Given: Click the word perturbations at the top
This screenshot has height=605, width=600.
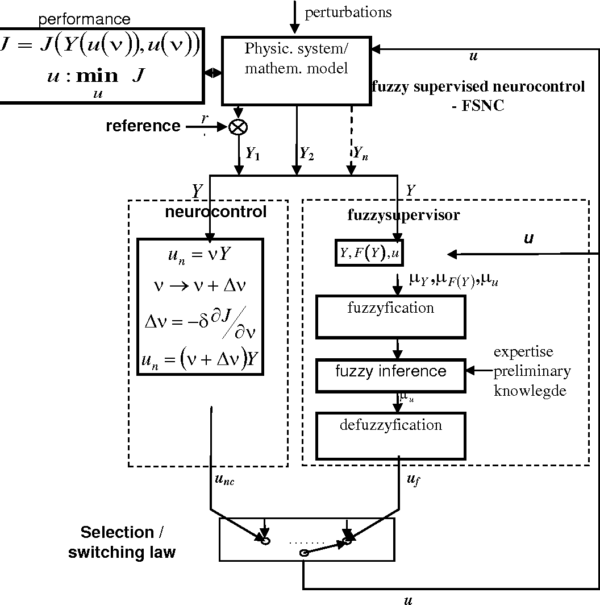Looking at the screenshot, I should (348, 13).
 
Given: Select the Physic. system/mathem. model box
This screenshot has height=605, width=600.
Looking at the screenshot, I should (296, 71).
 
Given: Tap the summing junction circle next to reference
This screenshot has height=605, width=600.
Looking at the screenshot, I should (237, 127).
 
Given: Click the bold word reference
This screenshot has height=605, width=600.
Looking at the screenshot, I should (143, 126).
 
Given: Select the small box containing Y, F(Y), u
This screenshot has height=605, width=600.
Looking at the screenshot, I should (369, 254).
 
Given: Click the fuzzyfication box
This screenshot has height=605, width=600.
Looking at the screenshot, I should (390, 317).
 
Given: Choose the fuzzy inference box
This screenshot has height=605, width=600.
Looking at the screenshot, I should (390, 375).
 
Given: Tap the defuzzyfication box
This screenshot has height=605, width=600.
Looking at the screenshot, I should (390, 436).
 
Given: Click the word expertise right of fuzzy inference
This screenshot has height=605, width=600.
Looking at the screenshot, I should (523, 352).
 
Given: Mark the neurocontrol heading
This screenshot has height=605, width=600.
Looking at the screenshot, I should (215, 212).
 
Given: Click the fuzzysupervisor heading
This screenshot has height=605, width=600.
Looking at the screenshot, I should (403, 216).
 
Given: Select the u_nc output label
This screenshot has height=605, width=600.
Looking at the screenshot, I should (224, 480).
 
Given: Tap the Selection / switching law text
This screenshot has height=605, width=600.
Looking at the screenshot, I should (122, 542).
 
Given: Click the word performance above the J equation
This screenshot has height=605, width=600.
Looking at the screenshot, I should (84, 19).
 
